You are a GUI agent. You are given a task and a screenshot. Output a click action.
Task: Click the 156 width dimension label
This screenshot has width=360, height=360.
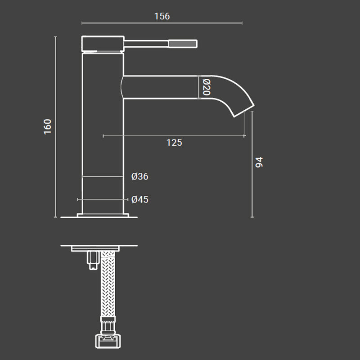162,16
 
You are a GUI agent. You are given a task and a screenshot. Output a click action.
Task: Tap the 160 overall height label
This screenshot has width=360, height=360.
48,126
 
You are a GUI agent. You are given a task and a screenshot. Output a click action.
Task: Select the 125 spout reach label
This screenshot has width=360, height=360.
174,143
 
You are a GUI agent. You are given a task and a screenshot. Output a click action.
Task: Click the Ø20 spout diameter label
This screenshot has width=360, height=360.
207,86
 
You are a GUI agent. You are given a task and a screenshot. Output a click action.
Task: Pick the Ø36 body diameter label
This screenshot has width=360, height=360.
140,176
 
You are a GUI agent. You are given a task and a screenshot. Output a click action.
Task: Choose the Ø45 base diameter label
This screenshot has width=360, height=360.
140,199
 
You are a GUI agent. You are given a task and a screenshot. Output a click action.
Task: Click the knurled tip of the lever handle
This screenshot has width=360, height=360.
183,44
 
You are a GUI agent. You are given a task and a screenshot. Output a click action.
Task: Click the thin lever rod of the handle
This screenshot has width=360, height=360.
146,44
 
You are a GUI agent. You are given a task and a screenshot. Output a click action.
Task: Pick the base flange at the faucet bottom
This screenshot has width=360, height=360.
103,215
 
